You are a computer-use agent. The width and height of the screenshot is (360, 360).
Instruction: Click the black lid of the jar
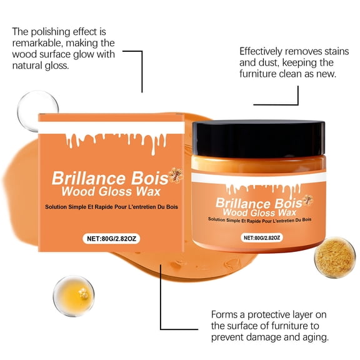coord(259,139)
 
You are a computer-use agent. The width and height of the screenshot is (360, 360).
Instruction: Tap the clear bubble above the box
coord(37,111)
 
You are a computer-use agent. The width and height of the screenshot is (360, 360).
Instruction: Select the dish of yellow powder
coord(335,257)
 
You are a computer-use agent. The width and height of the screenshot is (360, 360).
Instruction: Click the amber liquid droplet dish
coord(74,296)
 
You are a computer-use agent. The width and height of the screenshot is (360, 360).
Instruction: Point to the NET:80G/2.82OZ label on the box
coord(111,239)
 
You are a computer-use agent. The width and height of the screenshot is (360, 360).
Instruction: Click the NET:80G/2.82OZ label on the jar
coord(262,237)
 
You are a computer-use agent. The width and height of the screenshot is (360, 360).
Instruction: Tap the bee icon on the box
coord(176,175)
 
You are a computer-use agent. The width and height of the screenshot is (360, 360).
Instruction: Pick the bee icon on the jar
coord(307,200)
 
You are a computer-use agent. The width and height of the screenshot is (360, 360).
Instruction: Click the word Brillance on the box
coord(89,178)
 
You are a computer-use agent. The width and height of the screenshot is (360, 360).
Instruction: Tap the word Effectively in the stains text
coord(261,51)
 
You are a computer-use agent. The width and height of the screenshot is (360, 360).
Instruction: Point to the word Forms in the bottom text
coord(225,314)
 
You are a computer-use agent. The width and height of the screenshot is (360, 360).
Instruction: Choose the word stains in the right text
coord(337,51)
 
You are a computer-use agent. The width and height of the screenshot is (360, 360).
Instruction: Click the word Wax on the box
coord(148,191)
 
